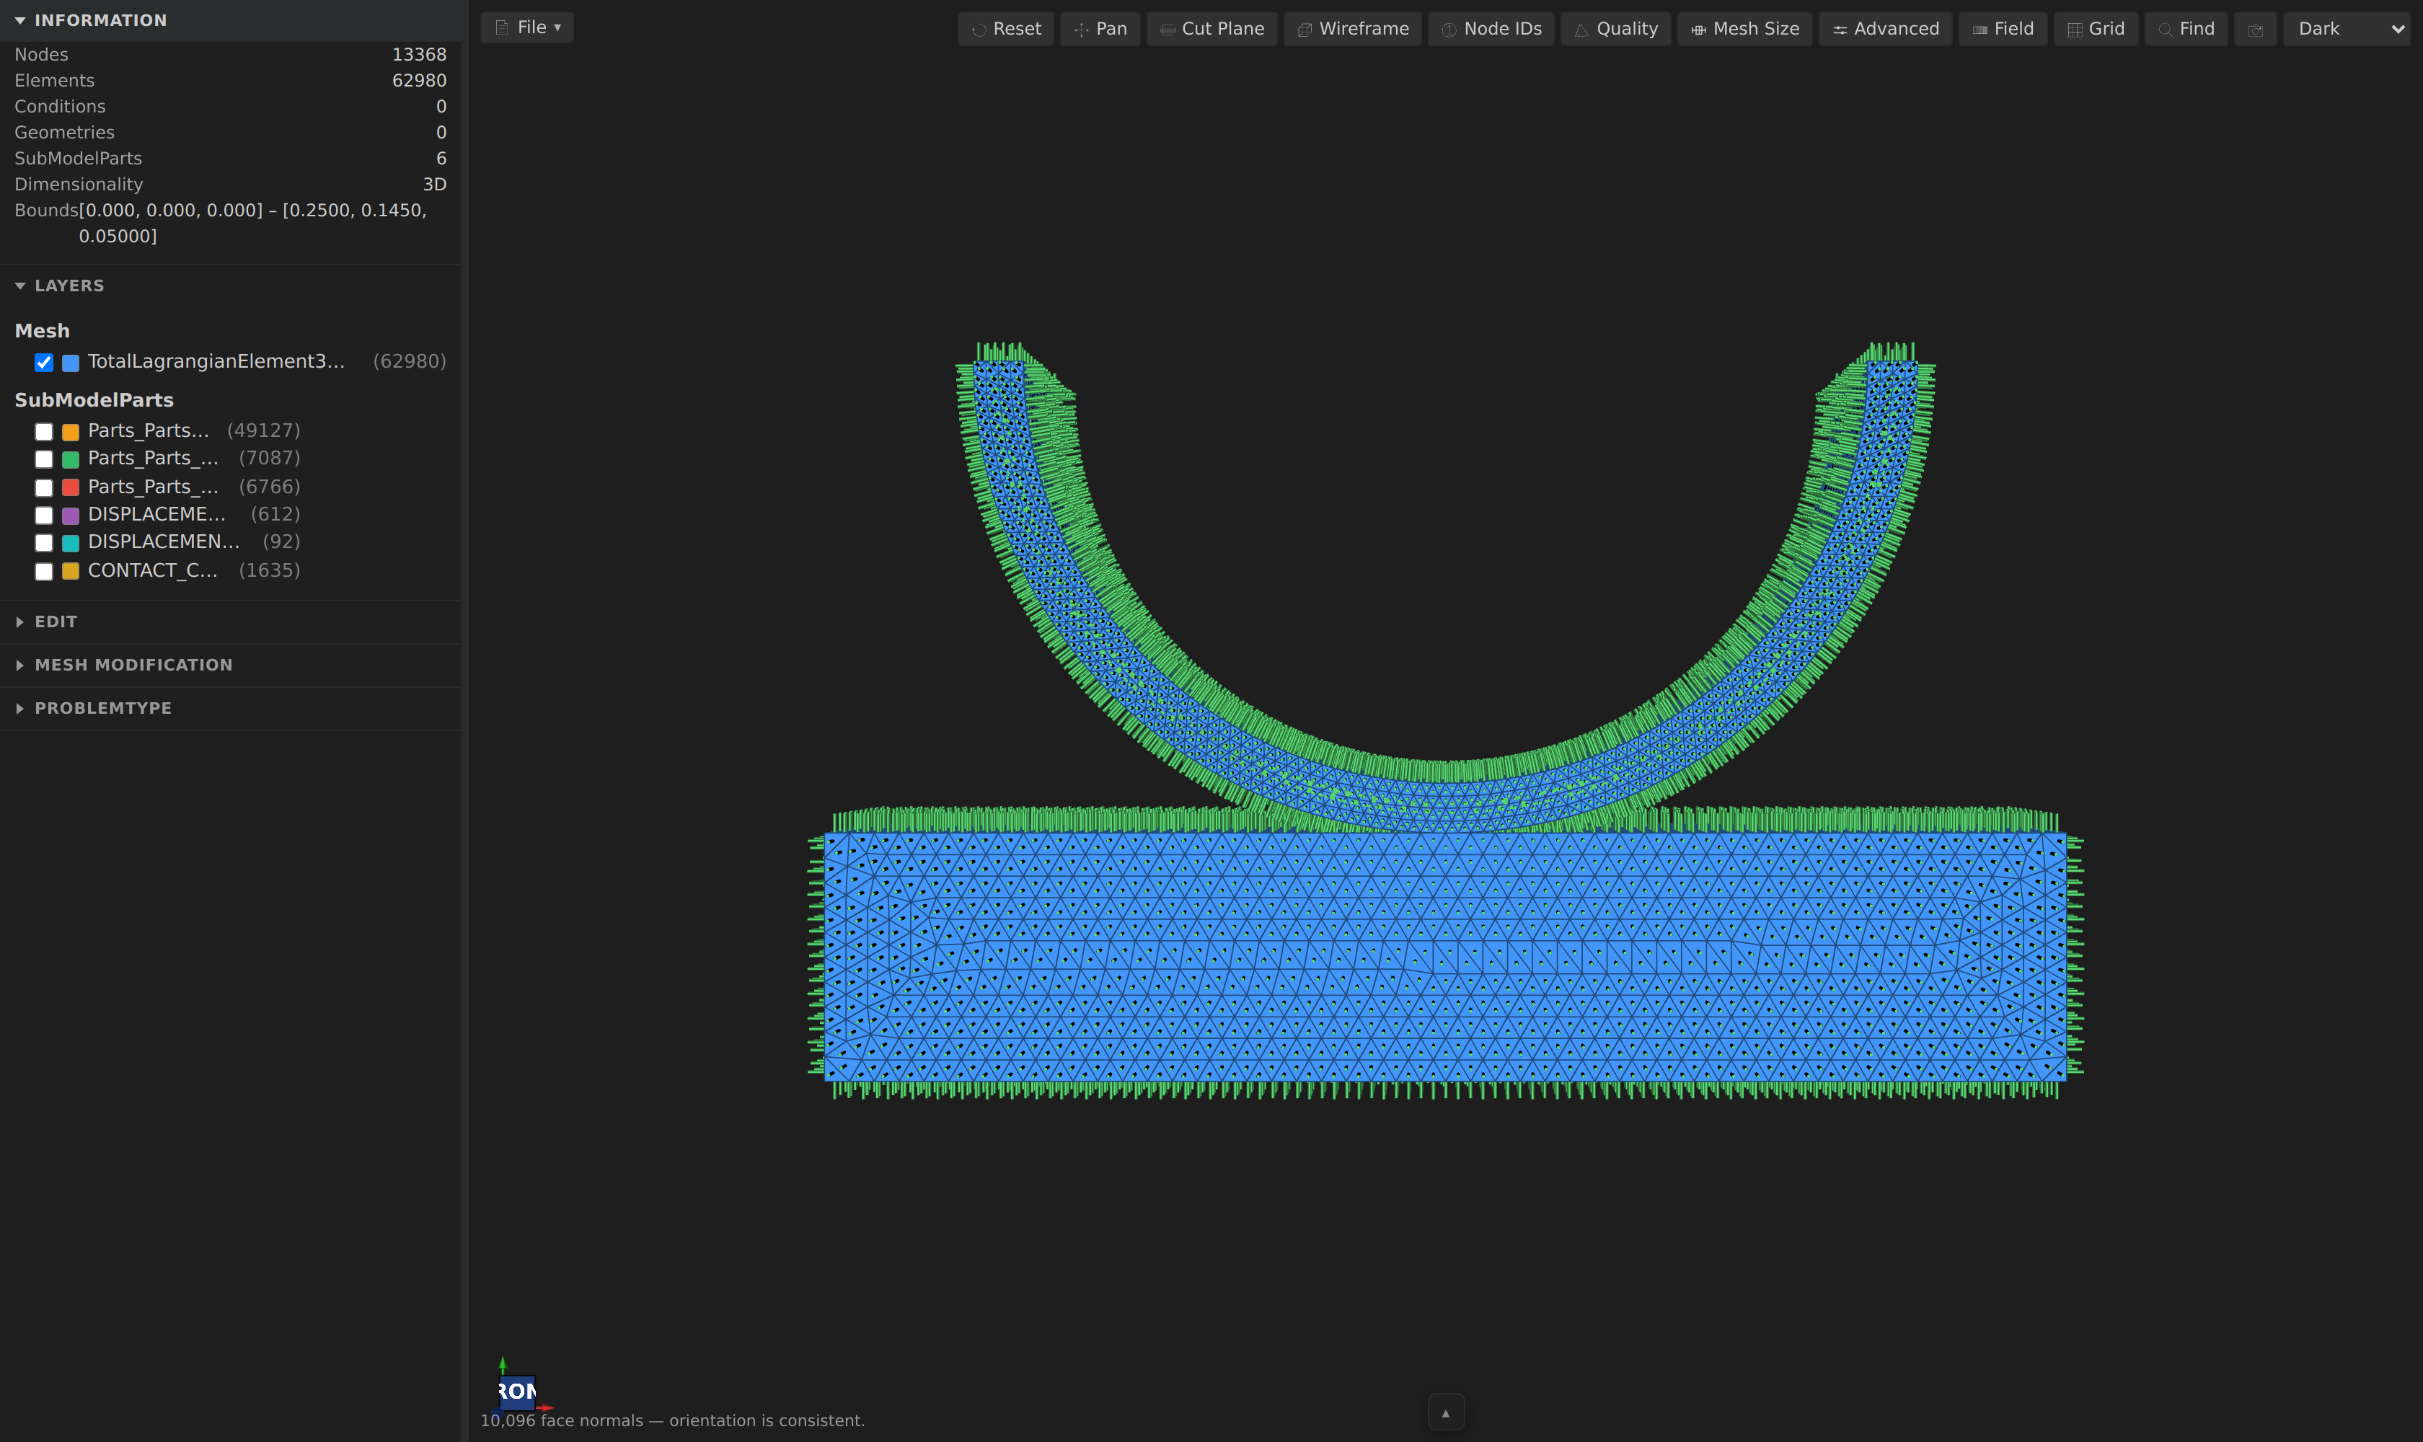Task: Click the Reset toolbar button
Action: (x=1006, y=29)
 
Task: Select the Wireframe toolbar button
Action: (x=1352, y=29)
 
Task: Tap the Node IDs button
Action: (x=1491, y=29)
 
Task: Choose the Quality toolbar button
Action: (x=1615, y=29)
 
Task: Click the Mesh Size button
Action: (x=1744, y=29)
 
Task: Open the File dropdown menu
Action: (x=526, y=27)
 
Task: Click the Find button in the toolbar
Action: (x=2186, y=29)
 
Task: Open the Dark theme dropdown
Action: (x=2347, y=29)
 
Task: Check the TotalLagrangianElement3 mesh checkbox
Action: (x=44, y=363)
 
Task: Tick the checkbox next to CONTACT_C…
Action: (x=44, y=571)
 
